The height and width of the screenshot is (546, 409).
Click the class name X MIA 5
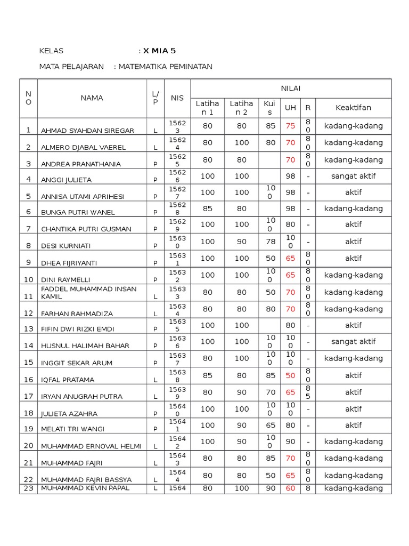pos(159,51)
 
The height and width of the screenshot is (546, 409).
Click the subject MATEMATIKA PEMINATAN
pos(165,67)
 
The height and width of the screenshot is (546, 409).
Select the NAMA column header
pos(92,98)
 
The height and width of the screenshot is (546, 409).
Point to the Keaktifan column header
pos(353,108)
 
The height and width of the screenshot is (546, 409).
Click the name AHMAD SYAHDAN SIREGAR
pos(87,130)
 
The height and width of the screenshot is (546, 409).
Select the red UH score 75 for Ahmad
pos(290,126)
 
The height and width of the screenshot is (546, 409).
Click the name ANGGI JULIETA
pos(68,180)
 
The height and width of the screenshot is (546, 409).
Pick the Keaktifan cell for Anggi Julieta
pos(353,176)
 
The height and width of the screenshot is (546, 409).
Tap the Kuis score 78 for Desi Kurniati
pos(270,242)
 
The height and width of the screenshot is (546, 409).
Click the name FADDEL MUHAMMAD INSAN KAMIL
pos(88,292)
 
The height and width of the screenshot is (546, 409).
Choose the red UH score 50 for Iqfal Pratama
pos(290,375)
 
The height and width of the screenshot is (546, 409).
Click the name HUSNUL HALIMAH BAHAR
pos(85,346)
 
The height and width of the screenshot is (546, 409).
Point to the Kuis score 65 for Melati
pos(270,425)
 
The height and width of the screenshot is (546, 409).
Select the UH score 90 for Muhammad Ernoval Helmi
pos(290,441)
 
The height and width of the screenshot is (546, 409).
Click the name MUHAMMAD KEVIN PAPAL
pos(85,488)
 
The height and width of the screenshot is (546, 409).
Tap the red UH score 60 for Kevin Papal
pos(290,488)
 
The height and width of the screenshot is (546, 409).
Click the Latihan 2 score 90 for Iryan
pos(242,392)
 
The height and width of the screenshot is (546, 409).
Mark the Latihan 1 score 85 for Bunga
pos(208,208)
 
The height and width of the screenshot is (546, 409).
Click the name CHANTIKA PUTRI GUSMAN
pos(86,229)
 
